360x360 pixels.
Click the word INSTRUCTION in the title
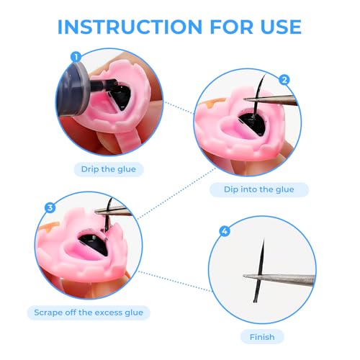[x=130, y=27]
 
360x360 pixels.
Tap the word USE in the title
[x=281, y=27]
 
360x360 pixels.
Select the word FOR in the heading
[x=232, y=27]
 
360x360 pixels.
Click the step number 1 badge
[x=76, y=57]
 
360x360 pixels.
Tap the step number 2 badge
[x=284, y=80]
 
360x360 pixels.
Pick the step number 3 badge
[x=50, y=207]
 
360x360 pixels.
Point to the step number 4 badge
[x=225, y=231]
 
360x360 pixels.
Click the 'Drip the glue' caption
[x=109, y=169]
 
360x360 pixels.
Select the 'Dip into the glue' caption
[x=259, y=189]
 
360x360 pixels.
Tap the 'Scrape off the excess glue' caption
[x=89, y=312]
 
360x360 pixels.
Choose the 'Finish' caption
[x=262, y=337]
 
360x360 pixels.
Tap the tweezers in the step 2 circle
[x=270, y=99]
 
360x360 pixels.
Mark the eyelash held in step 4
[x=260, y=271]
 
